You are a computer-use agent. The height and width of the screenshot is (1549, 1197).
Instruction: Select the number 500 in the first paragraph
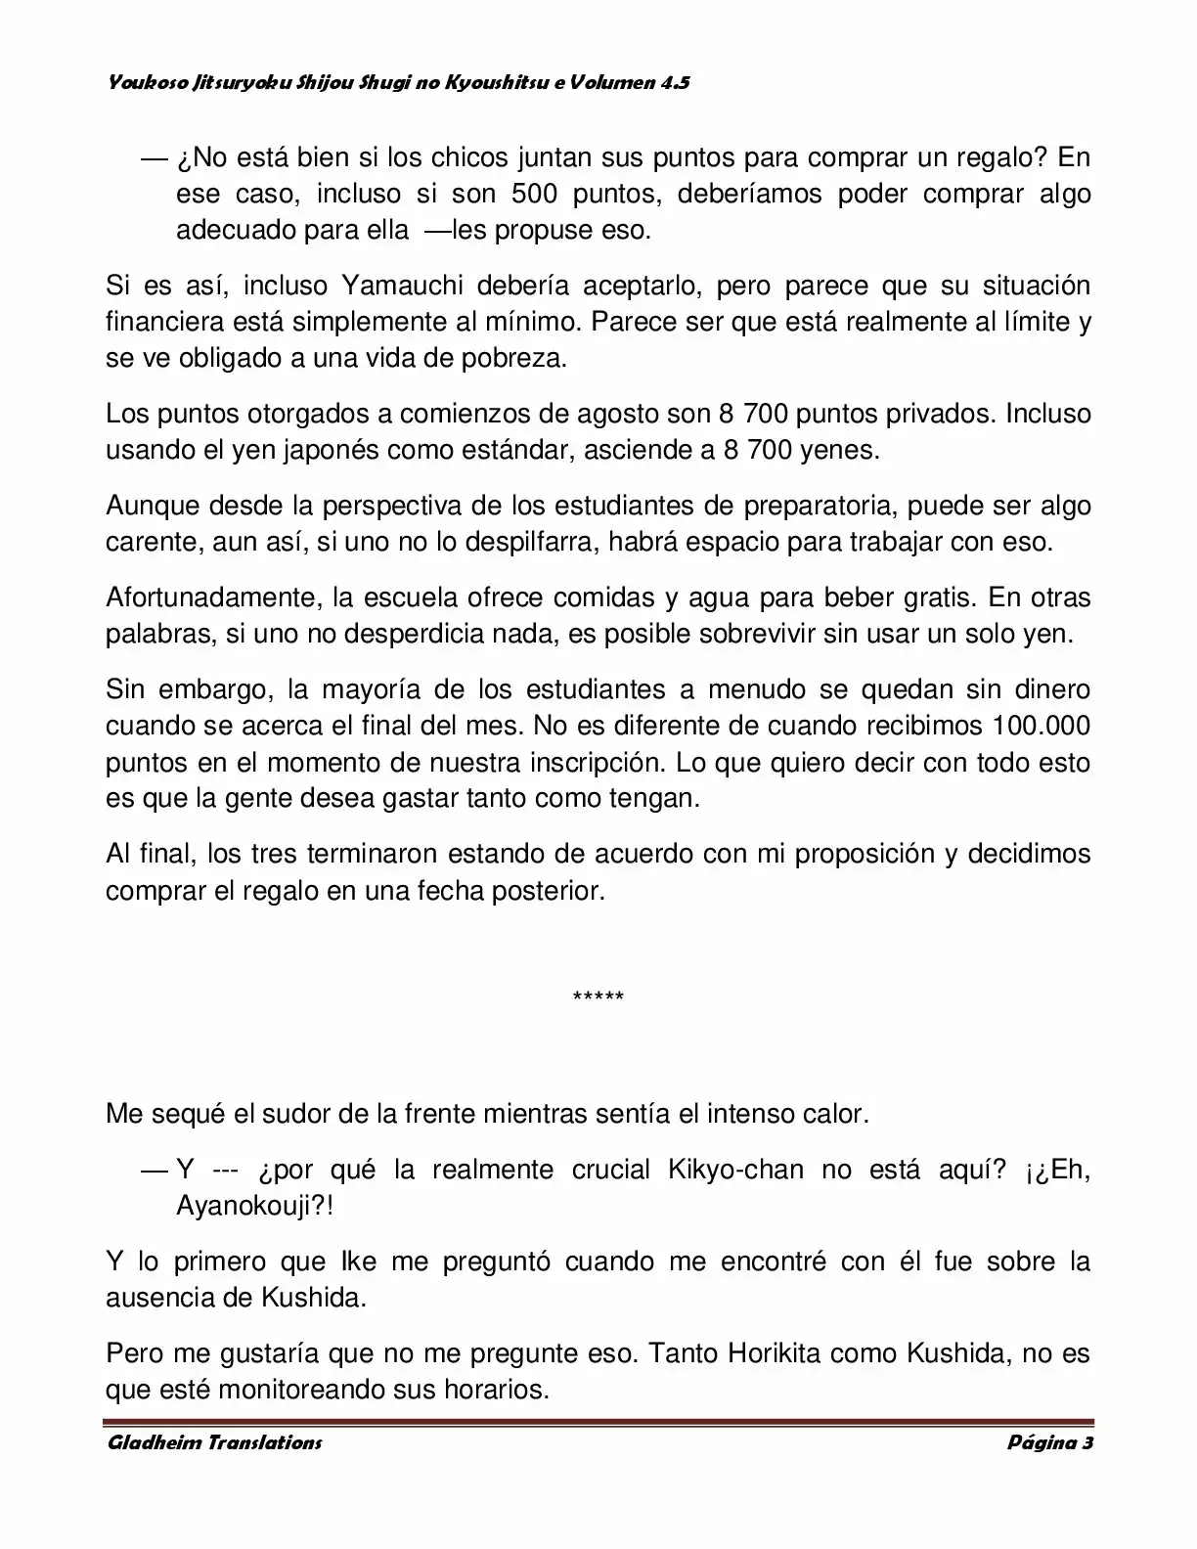tap(534, 194)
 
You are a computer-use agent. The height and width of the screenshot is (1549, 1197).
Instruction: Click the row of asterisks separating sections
tap(598, 997)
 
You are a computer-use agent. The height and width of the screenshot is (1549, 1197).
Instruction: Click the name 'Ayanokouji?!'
tap(255, 1206)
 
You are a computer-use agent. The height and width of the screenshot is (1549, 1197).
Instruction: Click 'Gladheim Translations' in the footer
tap(213, 1442)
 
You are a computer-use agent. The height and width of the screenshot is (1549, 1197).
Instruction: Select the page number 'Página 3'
tap(1049, 1442)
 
